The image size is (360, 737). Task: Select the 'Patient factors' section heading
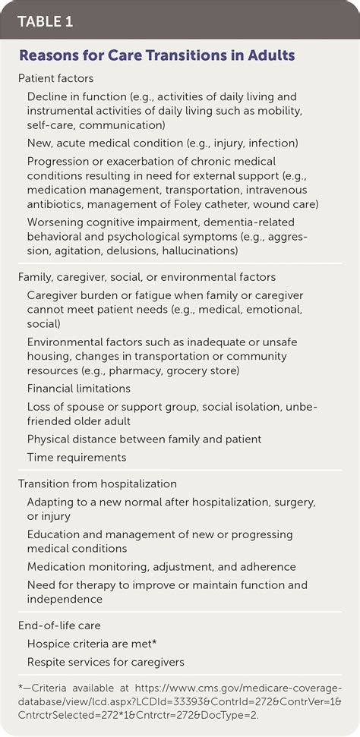click(56, 79)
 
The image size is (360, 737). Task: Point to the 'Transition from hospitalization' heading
click(98, 483)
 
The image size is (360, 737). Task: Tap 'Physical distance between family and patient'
click(144, 439)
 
